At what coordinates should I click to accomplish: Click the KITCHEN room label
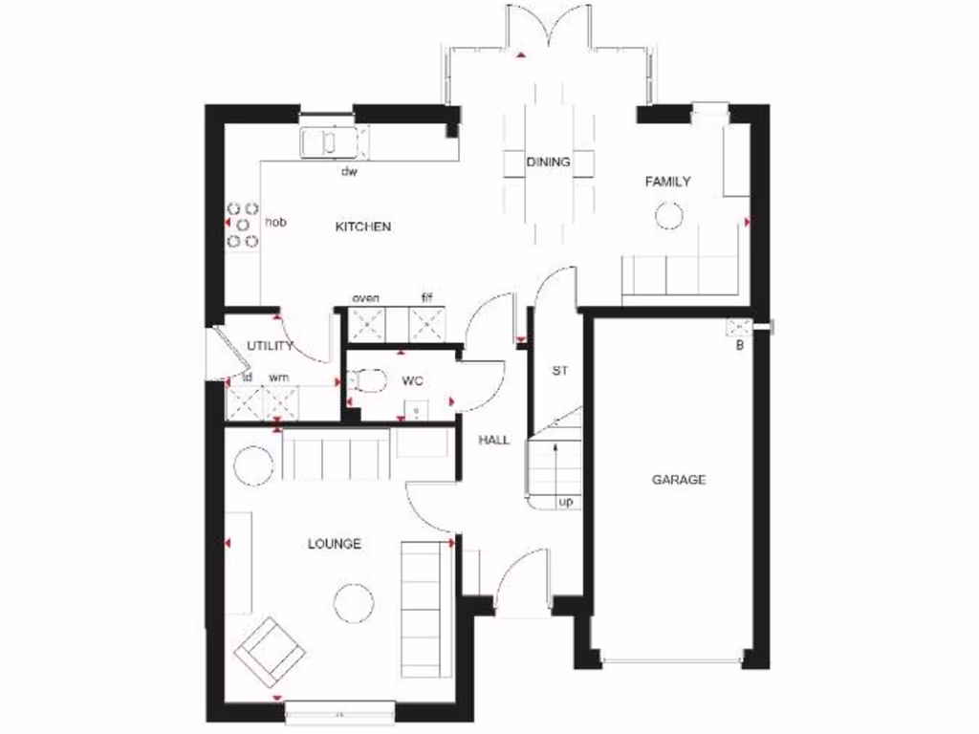point(363,227)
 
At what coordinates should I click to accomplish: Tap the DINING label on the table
point(548,162)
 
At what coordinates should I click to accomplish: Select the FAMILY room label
point(667,182)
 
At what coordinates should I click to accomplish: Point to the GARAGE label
point(679,480)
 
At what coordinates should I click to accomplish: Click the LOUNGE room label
point(335,544)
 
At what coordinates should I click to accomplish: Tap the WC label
point(412,380)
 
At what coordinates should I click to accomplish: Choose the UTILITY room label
point(270,346)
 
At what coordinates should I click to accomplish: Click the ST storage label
point(560,371)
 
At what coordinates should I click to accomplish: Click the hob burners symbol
point(243,224)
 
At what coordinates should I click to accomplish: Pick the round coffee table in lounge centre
point(354,602)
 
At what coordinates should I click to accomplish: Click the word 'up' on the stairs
point(565,501)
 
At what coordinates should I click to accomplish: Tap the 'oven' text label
point(366,299)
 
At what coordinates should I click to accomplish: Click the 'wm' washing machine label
point(278,378)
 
